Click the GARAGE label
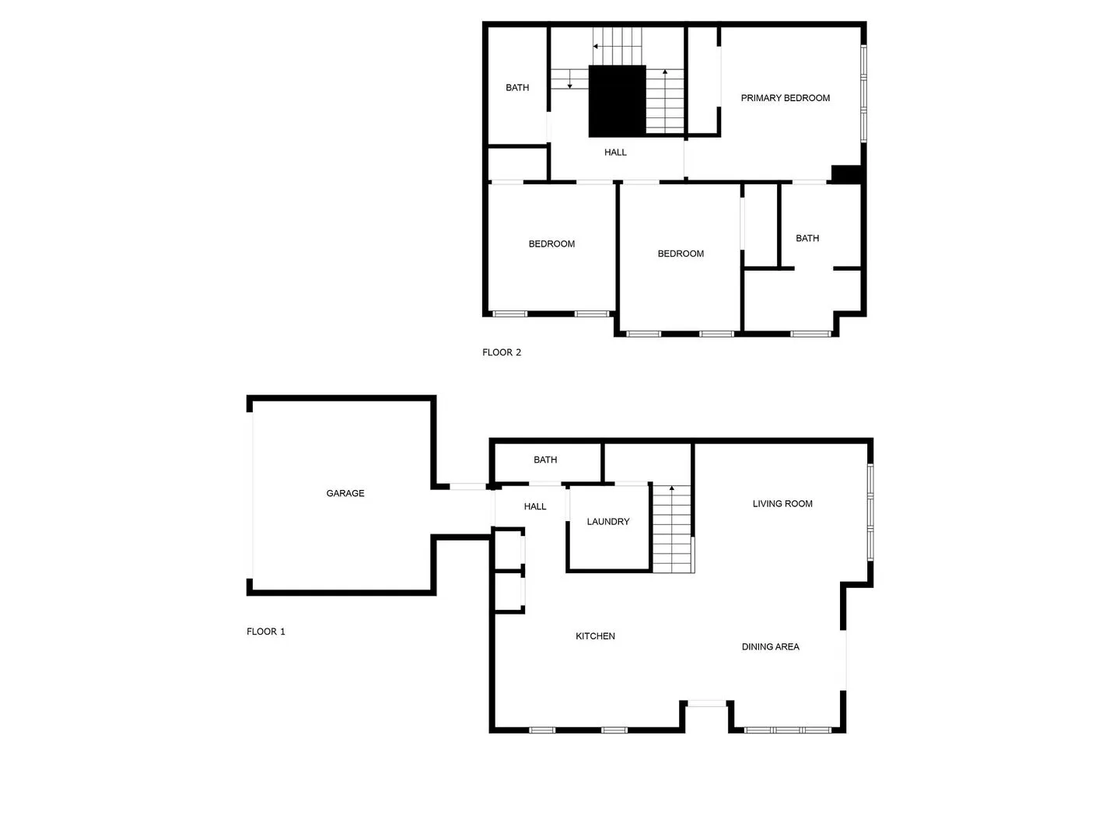click(345, 493)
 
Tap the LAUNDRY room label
click(608, 522)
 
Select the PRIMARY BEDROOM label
click(785, 98)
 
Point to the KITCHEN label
click(595, 636)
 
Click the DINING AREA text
click(770, 646)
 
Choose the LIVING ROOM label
click(782, 504)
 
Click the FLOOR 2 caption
click(502, 352)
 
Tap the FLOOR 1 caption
click(266, 632)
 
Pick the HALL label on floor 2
click(615, 152)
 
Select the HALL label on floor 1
click(535, 506)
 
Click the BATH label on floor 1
click(545, 460)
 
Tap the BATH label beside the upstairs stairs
click(517, 88)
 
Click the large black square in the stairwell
click(617, 101)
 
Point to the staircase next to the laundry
click(672, 529)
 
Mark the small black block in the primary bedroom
click(846, 174)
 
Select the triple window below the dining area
click(788, 730)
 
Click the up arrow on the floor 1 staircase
click(672, 489)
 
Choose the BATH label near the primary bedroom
click(807, 238)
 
